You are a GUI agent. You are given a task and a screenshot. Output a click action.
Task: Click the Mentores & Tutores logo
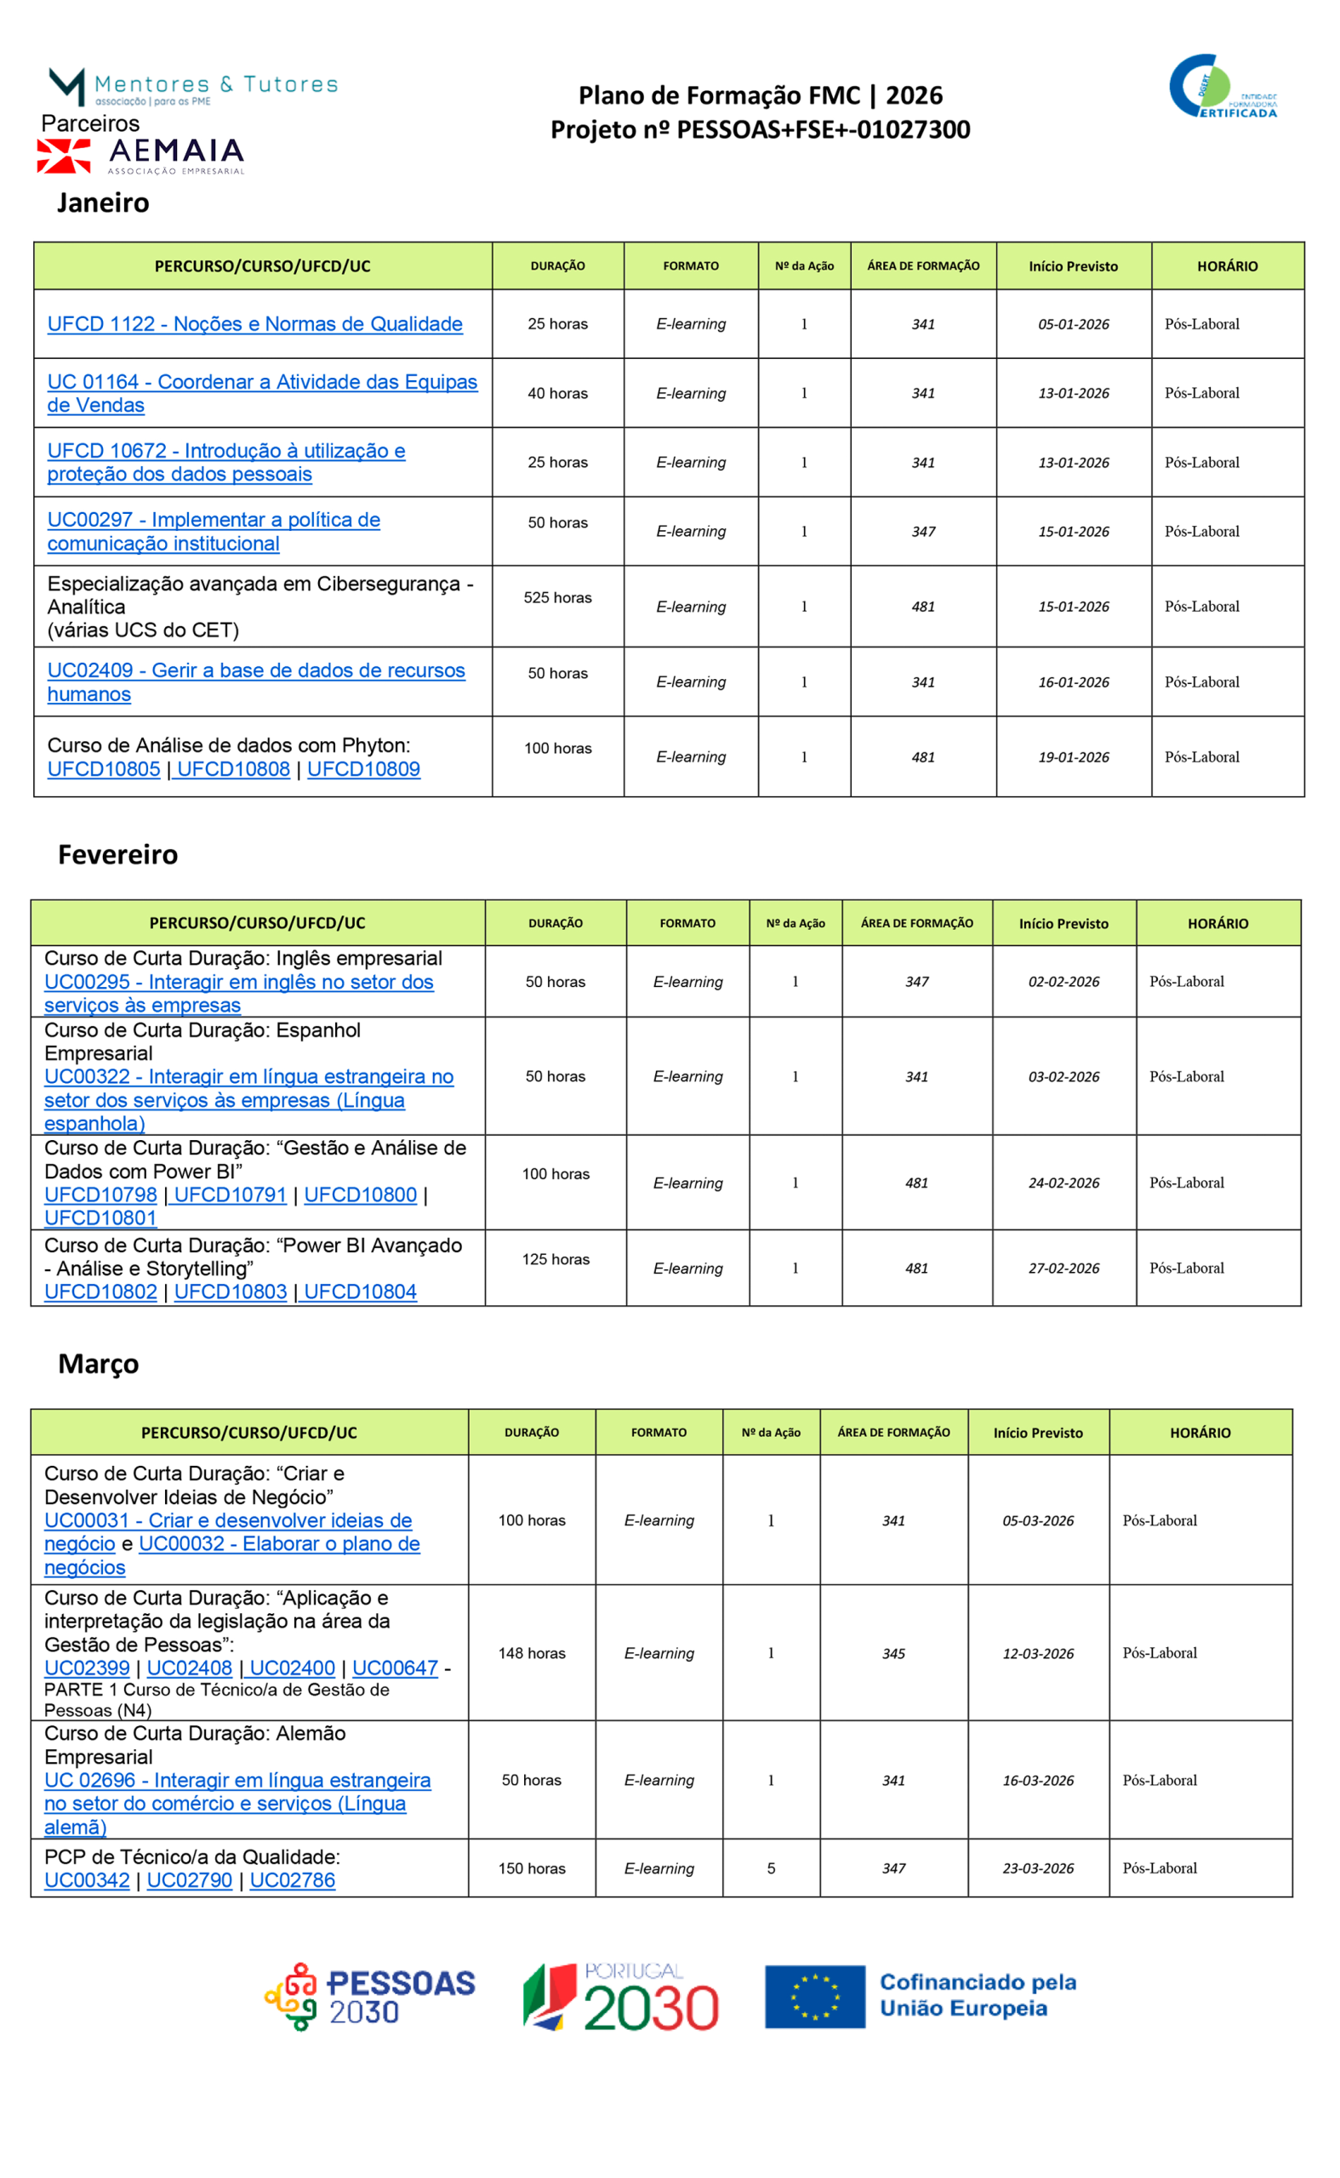pos(193,87)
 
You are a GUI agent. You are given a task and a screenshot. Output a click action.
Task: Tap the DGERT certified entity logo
pos(1224,87)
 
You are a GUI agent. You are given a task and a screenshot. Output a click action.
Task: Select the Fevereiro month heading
pos(118,854)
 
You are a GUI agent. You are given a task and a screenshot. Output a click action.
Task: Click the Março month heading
pos(99,1363)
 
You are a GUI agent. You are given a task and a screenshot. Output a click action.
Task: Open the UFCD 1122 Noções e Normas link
pos(254,324)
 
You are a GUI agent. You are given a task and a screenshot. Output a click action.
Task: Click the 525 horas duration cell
pos(557,598)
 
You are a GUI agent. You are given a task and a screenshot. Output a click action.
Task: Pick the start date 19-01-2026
pos(1073,757)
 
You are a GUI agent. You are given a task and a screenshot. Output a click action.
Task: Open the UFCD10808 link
pos(233,769)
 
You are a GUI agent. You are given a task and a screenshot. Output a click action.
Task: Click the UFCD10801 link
pos(100,1217)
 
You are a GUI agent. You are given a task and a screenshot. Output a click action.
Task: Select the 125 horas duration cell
pos(556,1259)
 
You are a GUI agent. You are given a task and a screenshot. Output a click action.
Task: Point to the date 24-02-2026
pos(1063,1183)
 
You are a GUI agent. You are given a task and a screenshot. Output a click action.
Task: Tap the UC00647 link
pos(396,1668)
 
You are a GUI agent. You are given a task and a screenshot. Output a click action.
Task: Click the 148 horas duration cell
pos(532,1653)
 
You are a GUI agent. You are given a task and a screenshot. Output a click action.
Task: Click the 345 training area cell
pos(893,1653)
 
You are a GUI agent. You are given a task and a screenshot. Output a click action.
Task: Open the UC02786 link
pos(293,1880)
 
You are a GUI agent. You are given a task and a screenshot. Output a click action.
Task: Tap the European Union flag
pos(814,1996)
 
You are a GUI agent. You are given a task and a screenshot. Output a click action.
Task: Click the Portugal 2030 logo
pos(621,1996)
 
